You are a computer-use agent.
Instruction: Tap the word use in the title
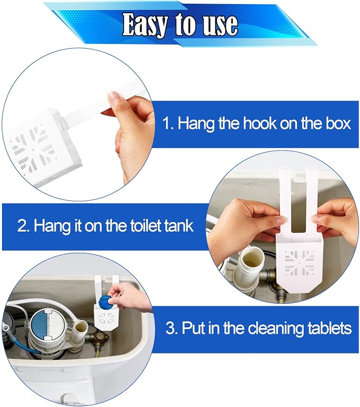(x=220, y=25)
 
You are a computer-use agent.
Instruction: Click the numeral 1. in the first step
(x=168, y=123)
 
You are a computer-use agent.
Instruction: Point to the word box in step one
(x=338, y=123)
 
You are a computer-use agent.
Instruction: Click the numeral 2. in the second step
(x=23, y=225)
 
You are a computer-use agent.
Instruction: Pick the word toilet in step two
(x=145, y=225)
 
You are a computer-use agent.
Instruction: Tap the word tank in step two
(x=179, y=225)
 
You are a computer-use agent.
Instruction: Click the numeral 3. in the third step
(x=171, y=328)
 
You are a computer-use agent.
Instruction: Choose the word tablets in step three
(x=330, y=328)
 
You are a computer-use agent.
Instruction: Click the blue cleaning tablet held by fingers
(x=104, y=300)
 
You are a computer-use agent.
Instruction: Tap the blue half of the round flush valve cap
(x=39, y=324)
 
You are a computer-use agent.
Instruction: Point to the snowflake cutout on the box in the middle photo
(x=300, y=263)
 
